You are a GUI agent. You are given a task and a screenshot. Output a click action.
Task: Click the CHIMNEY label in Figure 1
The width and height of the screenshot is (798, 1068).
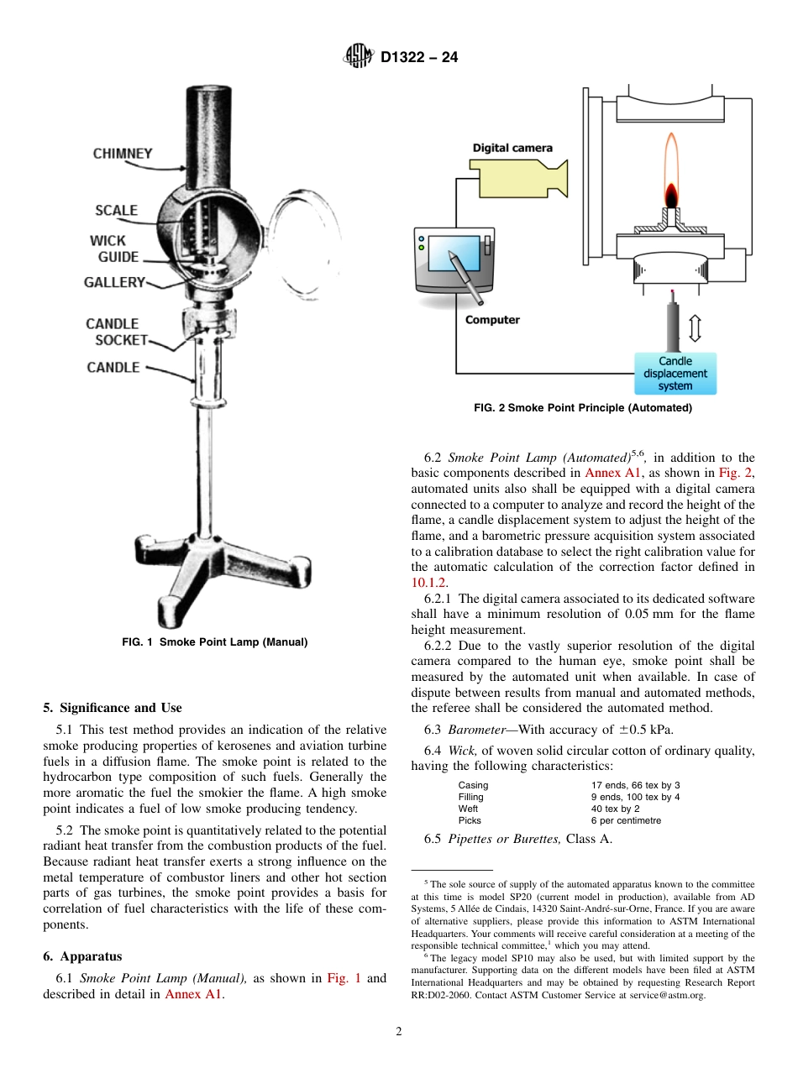point(123,154)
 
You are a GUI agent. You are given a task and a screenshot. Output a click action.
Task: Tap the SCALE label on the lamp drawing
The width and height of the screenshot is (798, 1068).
point(116,211)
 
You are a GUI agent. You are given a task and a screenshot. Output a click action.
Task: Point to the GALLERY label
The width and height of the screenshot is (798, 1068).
point(114,283)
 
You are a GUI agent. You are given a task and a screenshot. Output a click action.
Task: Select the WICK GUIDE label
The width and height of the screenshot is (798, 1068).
point(113,249)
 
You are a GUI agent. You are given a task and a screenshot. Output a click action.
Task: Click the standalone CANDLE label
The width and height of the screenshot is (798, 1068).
point(113,368)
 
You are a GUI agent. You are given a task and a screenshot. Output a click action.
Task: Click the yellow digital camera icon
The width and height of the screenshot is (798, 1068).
point(515,177)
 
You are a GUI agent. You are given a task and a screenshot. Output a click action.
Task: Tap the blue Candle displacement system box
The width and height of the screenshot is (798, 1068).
point(675,374)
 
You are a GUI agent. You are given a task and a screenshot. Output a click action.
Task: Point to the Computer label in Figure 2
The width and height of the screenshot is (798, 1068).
point(492,320)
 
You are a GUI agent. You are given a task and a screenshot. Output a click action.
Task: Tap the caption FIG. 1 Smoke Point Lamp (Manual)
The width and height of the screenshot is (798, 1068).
point(215,642)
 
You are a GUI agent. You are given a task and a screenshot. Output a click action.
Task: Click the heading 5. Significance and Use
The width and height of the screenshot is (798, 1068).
point(113,708)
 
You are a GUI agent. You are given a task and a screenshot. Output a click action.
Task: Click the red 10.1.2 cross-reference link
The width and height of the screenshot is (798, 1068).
point(429,582)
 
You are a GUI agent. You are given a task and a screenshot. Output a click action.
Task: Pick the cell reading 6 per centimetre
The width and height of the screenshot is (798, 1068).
point(626,820)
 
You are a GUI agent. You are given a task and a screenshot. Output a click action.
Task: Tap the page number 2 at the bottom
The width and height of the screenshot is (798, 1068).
point(399,1032)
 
